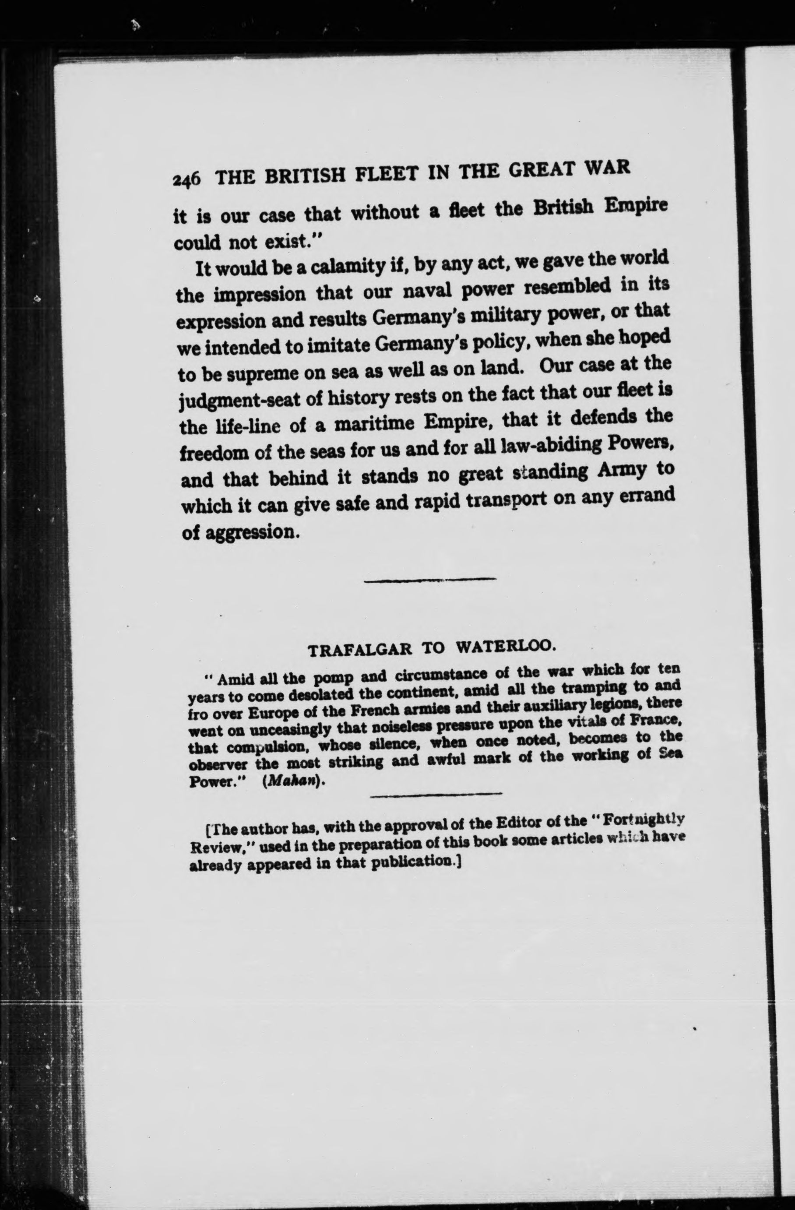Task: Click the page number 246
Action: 187,180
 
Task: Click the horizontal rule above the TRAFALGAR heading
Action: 430,579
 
